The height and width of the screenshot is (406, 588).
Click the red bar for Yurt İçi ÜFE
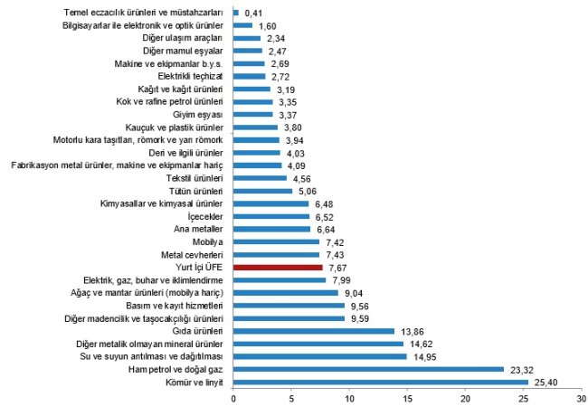(278, 268)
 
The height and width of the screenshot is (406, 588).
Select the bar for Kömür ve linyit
(381, 382)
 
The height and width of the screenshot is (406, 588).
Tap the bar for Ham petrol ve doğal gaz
(368, 369)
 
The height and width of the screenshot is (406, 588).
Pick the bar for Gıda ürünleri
(314, 331)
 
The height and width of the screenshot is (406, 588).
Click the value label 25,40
(547, 382)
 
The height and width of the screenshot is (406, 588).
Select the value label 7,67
(340, 268)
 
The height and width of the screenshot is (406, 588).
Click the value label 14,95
(425, 356)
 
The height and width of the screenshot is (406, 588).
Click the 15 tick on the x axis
(408, 398)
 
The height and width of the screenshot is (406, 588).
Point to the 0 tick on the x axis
(233, 398)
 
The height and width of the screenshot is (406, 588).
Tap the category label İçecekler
(204, 217)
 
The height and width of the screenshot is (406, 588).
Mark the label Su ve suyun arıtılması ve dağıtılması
(151, 356)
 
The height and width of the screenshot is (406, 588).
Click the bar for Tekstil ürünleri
(260, 179)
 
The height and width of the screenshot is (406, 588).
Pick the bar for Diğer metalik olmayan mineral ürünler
(318, 344)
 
